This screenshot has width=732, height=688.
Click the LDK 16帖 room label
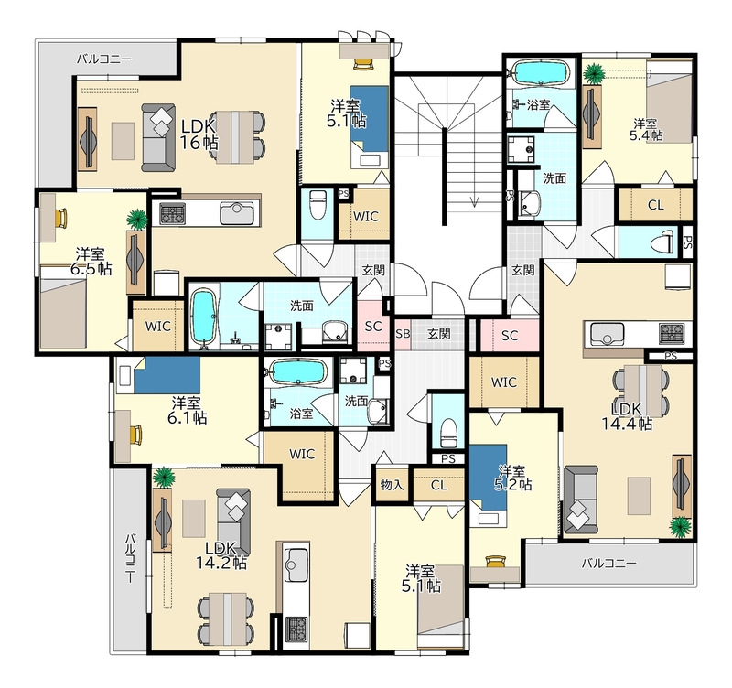(199, 134)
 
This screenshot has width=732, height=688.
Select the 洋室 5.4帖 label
(646, 129)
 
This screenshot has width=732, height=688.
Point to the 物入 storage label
(392, 485)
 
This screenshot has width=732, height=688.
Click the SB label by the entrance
(403, 334)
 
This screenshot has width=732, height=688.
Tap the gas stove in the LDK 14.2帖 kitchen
(296, 629)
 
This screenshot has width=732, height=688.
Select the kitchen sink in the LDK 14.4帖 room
(607, 334)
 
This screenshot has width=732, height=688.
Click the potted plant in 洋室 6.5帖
(138, 219)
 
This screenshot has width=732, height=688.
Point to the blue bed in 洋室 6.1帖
(167, 375)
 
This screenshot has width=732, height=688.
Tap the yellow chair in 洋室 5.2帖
(495, 562)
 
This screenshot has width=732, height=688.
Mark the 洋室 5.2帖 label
(512, 478)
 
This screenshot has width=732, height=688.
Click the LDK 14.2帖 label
(221, 555)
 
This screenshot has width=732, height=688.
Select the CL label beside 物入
(439, 486)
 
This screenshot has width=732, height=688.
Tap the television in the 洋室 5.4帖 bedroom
(591, 118)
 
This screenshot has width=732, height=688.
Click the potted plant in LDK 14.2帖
(164, 478)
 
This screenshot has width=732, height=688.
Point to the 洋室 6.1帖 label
(187, 410)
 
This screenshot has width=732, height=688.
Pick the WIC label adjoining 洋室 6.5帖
(157, 327)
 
